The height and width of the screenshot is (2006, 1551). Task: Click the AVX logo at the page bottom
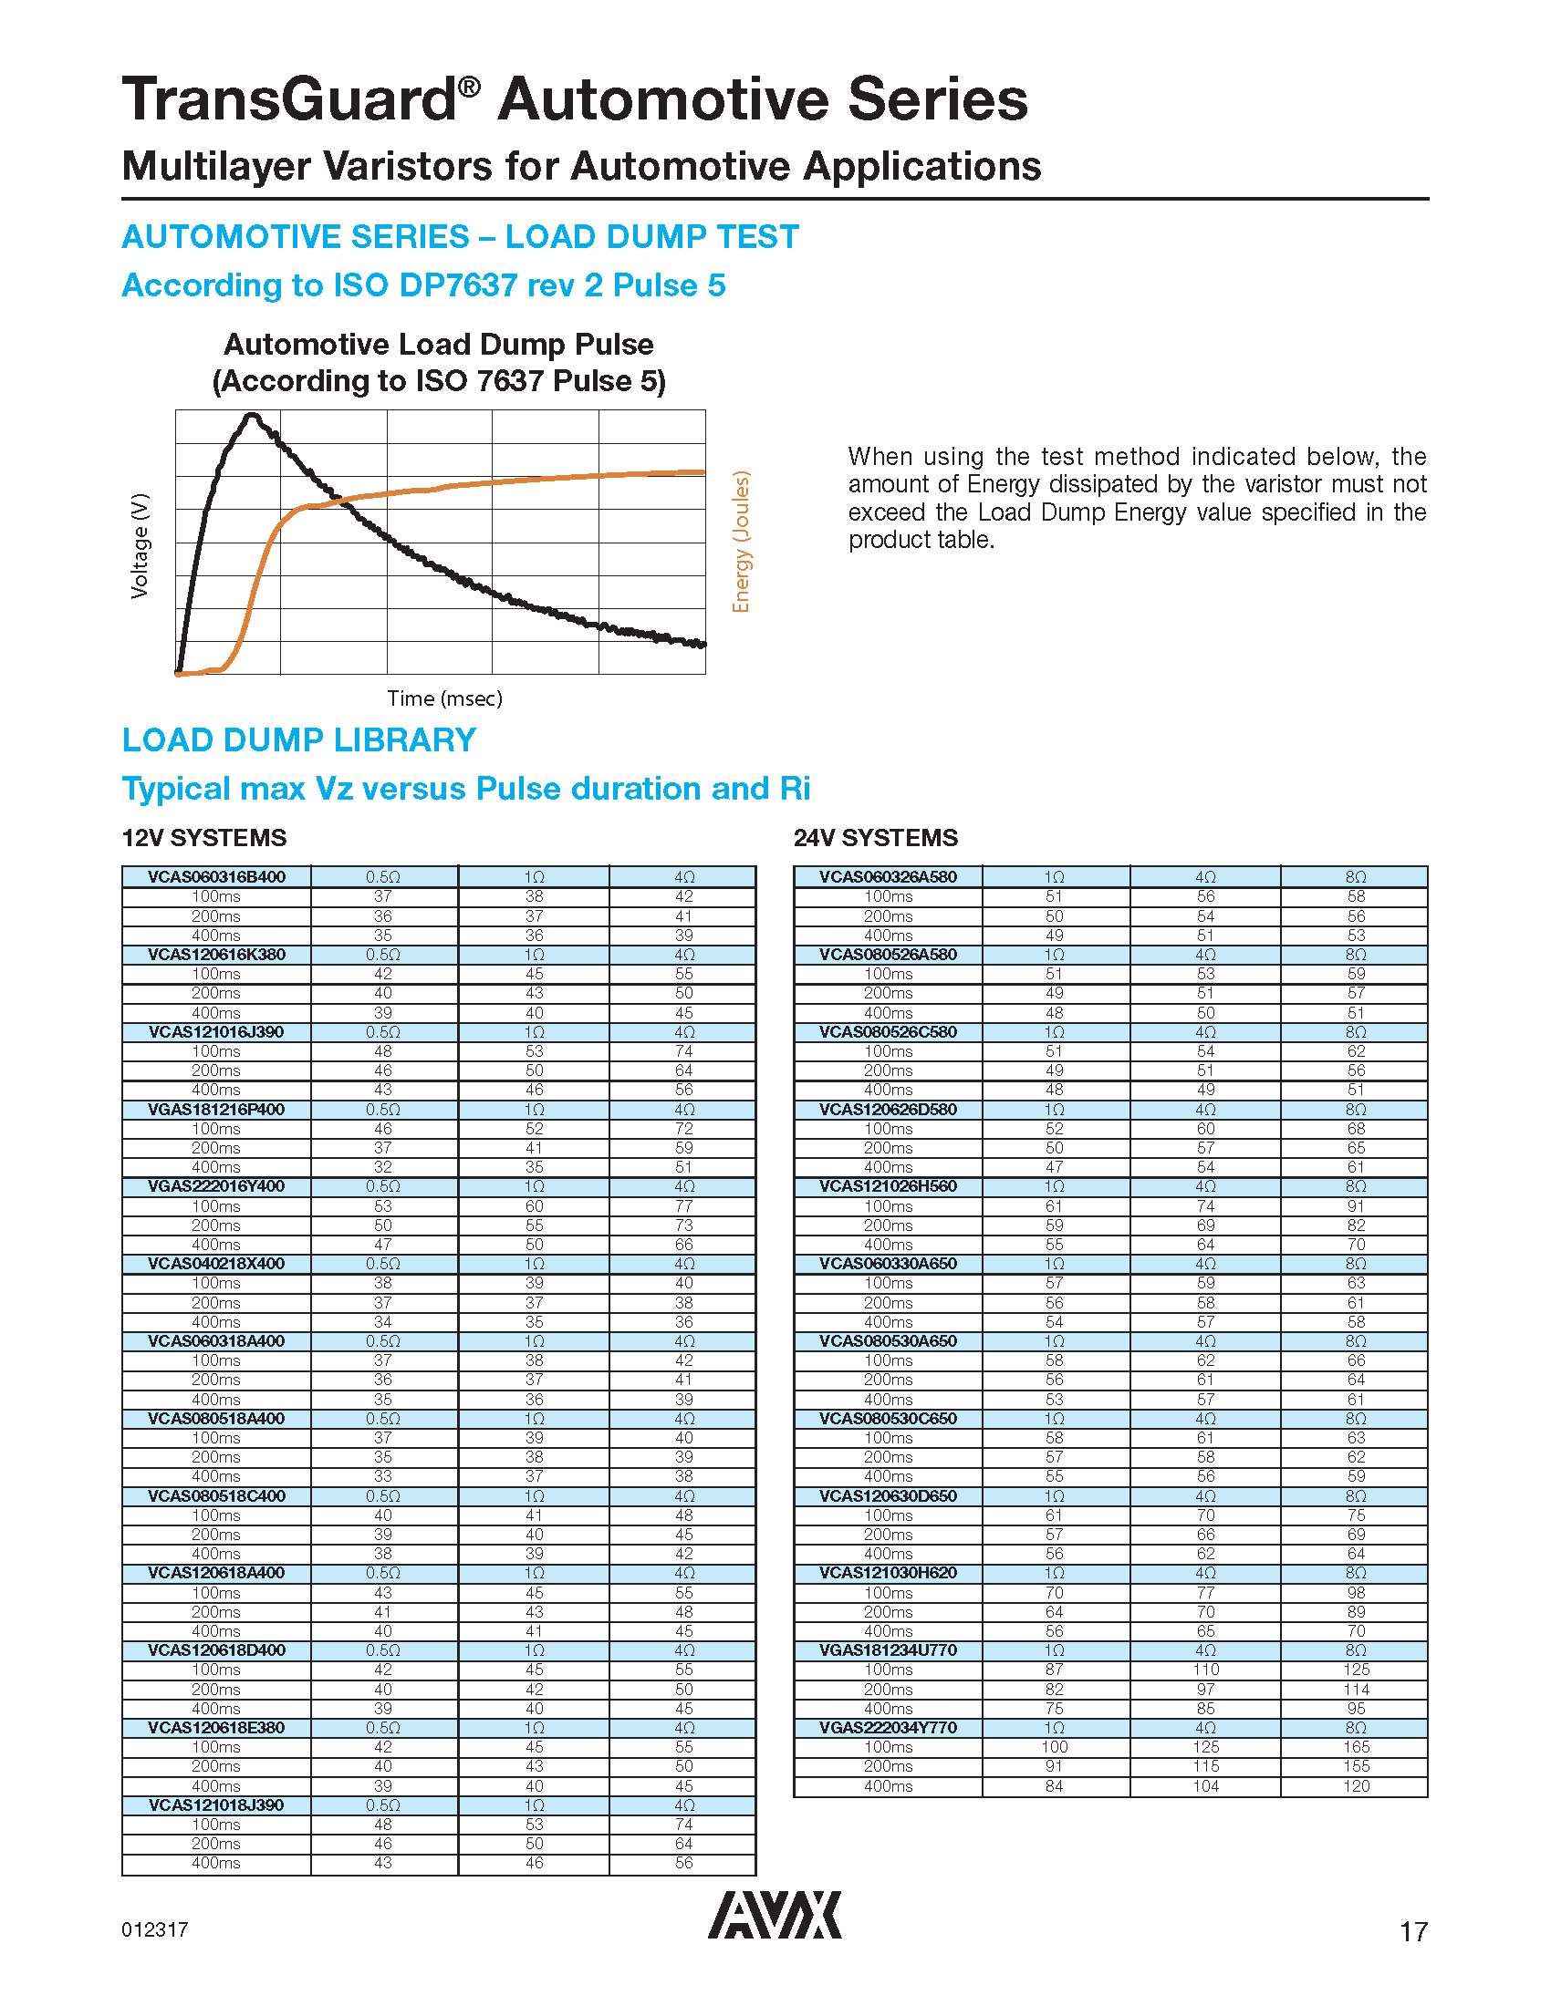point(774,1914)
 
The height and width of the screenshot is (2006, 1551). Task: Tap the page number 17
point(1413,1931)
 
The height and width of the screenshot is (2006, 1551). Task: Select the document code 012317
point(154,1929)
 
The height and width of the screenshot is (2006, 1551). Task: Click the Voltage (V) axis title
point(140,546)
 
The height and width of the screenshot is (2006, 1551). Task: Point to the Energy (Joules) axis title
point(741,542)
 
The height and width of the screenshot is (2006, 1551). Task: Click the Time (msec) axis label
point(444,698)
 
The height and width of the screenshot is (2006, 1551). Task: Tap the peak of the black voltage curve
point(251,416)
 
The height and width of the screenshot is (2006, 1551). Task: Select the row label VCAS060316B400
point(217,877)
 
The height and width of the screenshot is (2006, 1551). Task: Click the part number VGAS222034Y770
point(888,1728)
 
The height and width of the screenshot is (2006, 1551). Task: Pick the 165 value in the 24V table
point(1356,1747)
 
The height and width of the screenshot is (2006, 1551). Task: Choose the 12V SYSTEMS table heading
point(204,838)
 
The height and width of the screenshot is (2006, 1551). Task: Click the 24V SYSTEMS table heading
point(876,838)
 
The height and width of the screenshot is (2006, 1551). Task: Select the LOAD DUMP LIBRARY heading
point(299,740)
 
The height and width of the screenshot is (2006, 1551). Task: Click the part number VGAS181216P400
point(217,1110)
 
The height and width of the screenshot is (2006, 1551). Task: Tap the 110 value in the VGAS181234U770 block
point(1205,1670)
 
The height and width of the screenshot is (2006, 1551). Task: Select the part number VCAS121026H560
point(888,1186)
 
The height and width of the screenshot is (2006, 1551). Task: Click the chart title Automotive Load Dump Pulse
point(438,345)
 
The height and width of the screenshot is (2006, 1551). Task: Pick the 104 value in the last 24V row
point(1205,1786)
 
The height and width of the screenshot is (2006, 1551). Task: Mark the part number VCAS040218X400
point(217,1264)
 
